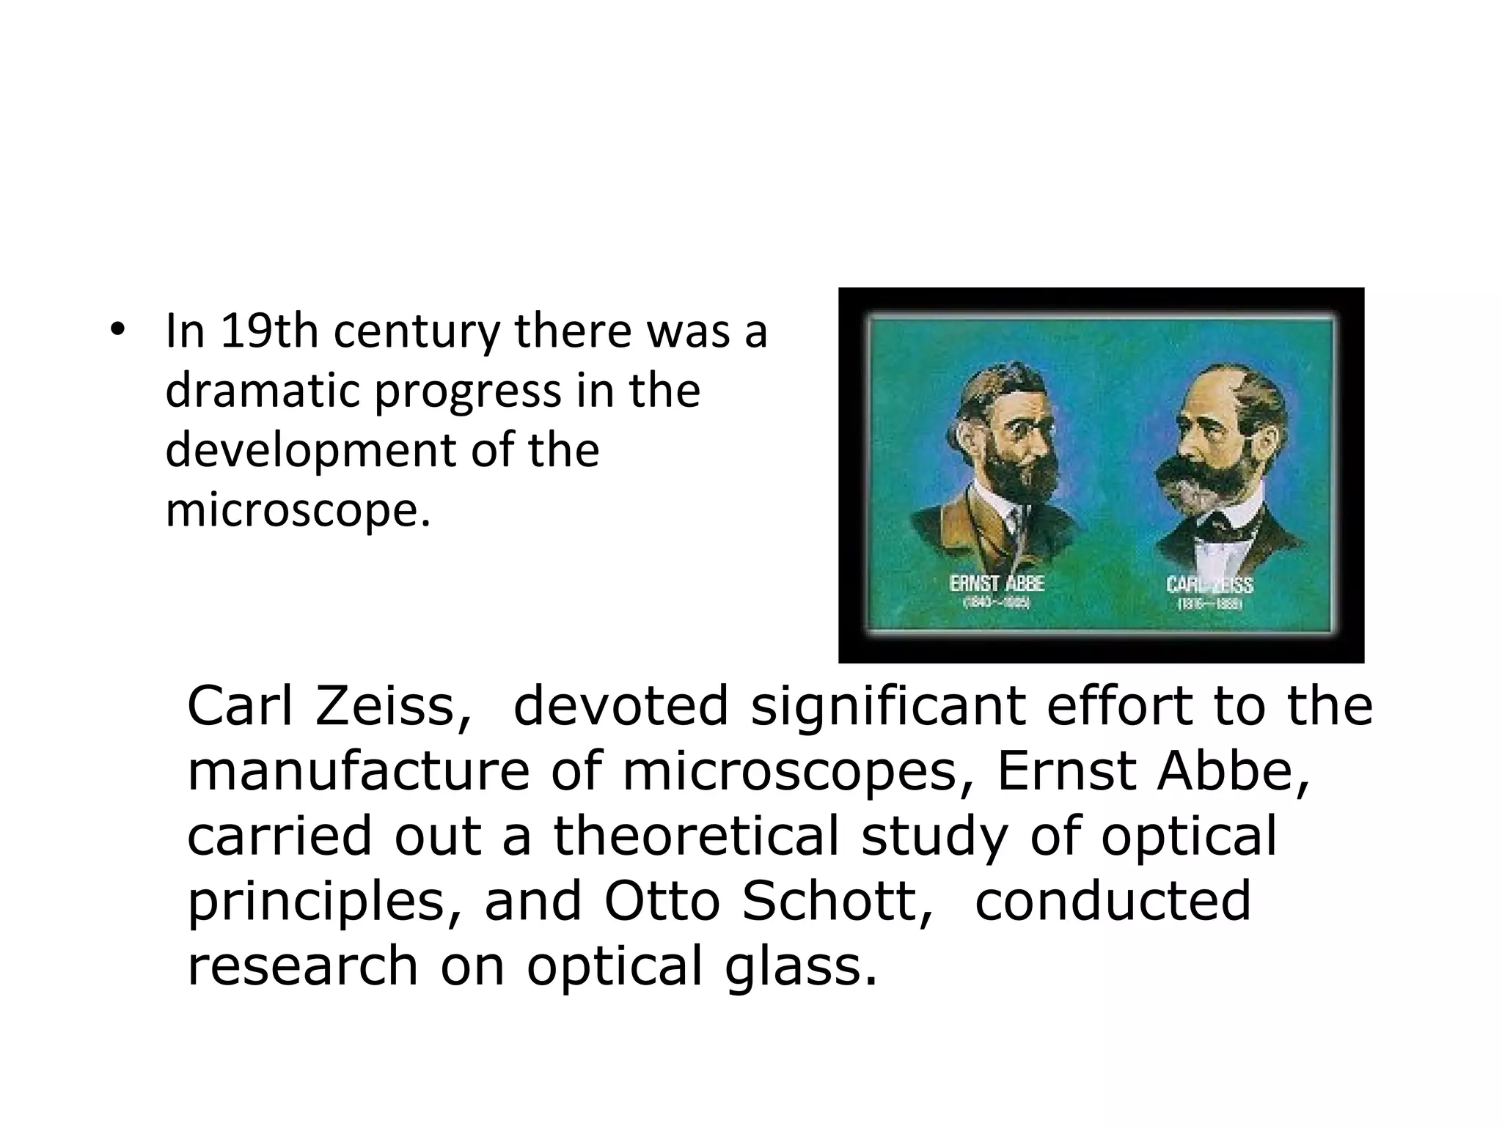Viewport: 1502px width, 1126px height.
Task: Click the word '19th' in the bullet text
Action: [269, 331]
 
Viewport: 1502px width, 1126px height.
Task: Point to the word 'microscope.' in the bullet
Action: [298, 510]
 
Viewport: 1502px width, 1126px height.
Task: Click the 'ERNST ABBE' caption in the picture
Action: [997, 584]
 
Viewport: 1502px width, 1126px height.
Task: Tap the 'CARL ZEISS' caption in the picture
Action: [1209, 585]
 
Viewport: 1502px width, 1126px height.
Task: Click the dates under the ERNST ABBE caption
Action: [997, 603]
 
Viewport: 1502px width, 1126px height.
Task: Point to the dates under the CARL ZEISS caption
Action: [1209, 606]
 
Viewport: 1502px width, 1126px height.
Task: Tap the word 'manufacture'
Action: [358, 771]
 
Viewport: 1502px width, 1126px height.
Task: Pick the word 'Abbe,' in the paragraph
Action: [1233, 771]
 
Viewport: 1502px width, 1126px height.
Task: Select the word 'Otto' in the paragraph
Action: [662, 902]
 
